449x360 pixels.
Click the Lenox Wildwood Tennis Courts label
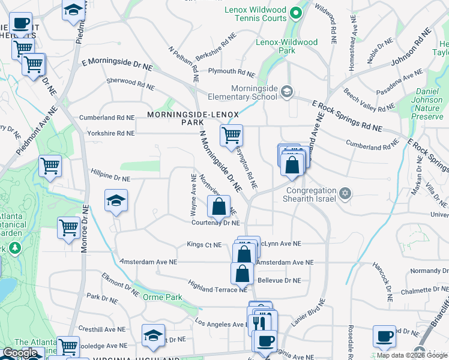click(x=255, y=14)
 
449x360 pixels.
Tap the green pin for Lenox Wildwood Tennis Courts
click(x=295, y=13)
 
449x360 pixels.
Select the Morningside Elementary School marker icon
click(x=288, y=92)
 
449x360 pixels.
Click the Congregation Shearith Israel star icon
click(x=344, y=193)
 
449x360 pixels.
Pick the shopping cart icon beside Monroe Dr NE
click(x=69, y=227)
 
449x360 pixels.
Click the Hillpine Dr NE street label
click(x=110, y=178)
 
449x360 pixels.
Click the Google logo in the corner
click(x=20, y=353)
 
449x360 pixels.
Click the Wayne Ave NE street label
click(x=193, y=195)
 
